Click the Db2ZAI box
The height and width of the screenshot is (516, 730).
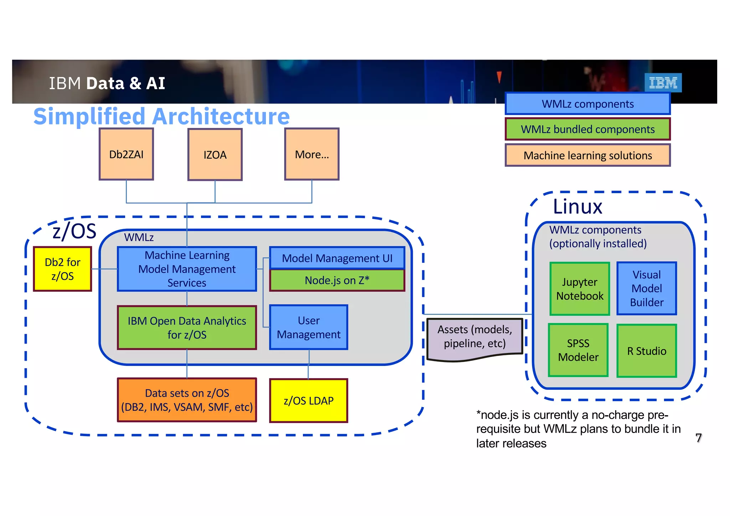pos(126,154)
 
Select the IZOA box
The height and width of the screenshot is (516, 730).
pos(215,155)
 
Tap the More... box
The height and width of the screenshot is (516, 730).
pos(312,154)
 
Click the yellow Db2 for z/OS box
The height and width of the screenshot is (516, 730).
pos(62,269)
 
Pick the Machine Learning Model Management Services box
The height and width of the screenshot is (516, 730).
pos(187,269)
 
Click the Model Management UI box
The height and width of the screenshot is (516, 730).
pos(337,258)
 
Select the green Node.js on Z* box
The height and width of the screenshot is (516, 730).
pos(337,280)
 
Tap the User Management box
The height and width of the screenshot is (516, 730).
pos(308,327)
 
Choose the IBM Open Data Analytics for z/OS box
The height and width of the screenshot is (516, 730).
pos(187,327)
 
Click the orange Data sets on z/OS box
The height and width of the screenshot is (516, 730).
pos(187,400)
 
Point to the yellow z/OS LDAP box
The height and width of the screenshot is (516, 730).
pos(308,401)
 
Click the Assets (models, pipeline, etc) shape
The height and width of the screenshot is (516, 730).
pos(474,337)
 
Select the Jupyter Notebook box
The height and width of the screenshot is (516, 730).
pos(580,289)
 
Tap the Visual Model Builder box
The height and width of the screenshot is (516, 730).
pos(647,289)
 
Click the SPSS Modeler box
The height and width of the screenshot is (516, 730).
pos(578,350)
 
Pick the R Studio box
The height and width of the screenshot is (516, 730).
pos(647,351)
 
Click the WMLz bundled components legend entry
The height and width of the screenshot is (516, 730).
pos(587,129)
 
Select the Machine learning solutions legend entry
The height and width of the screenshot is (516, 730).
pos(587,155)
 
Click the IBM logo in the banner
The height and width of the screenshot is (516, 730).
pos(663,83)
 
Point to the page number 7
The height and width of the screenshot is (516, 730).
pos(698,438)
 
